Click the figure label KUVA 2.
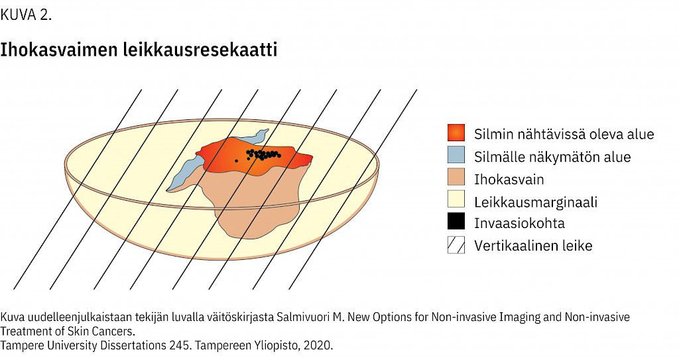pyautogui.click(x=26, y=15)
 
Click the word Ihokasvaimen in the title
pyautogui.click(x=58, y=50)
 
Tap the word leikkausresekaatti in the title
pyautogui.click(x=200, y=49)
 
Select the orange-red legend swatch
pyautogui.click(x=456, y=133)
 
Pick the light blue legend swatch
pyautogui.click(x=456, y=155)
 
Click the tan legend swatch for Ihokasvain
pyautogui.click(x=456, y=177)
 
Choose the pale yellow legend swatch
pyautogui.click(x=456, y=200)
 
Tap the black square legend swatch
pyautogui.click(x=456, y=221)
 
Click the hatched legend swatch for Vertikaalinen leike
pyautogui.click(x=456, y=245)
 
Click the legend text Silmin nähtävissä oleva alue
pyautogui.click(x=564, y=134)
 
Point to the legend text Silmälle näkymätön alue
pyautogui.click(x=552, y=156)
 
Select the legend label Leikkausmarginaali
pyautogui.click(x=536, y=202)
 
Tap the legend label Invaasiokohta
pyautogui.click(x=519, y=223)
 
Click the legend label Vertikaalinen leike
pyautogui.click(x=533, y=245)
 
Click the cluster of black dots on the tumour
pyautogui.click(x=263, y=154)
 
